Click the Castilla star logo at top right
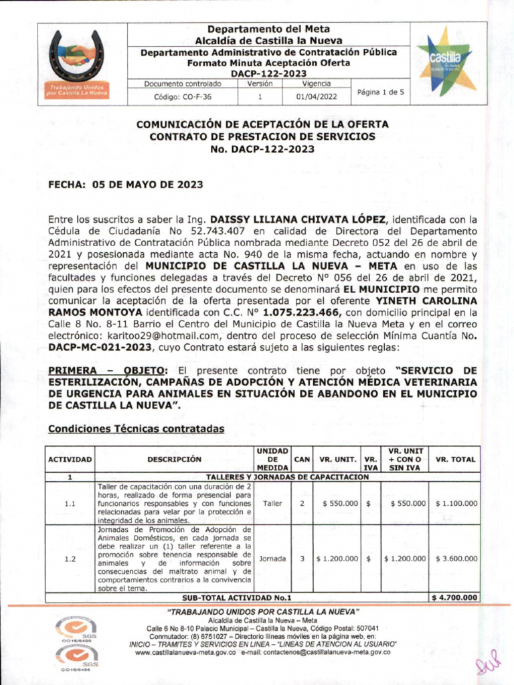coord(445,58)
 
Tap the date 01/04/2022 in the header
coord(316,96)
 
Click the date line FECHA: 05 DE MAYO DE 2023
coord(121,188)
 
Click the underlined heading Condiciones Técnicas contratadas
coord(136,428)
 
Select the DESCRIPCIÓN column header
coord(174,460)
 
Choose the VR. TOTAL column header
coord(455,460)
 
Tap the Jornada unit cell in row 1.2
coord(272,559)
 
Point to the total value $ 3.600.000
coord(456,559)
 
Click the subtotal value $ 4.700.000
coord(455,597)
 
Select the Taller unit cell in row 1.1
coord(272,502)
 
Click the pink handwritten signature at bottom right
coord(488,664)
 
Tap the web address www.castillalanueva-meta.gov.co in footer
coord(185,652)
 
